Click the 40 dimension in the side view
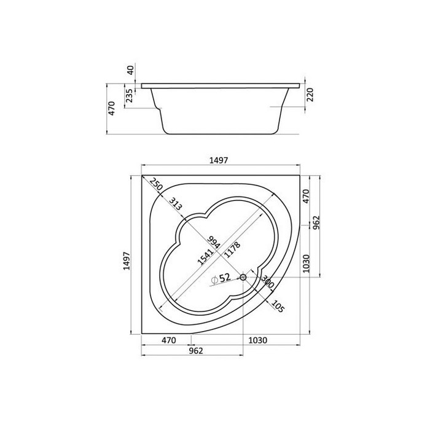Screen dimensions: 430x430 [x=131, y=70]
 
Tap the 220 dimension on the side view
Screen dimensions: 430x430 [x=310, y=95]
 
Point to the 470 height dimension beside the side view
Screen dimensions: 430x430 [x=112, y=108]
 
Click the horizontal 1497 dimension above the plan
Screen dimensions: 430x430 [x=219, y=160]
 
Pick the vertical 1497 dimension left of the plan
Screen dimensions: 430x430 [x=127, y=261]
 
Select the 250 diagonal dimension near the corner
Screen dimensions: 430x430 [x=157, y=184]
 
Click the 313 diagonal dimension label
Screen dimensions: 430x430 [x=175, y=204]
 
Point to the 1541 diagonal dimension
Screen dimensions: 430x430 [x=205, y=257]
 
